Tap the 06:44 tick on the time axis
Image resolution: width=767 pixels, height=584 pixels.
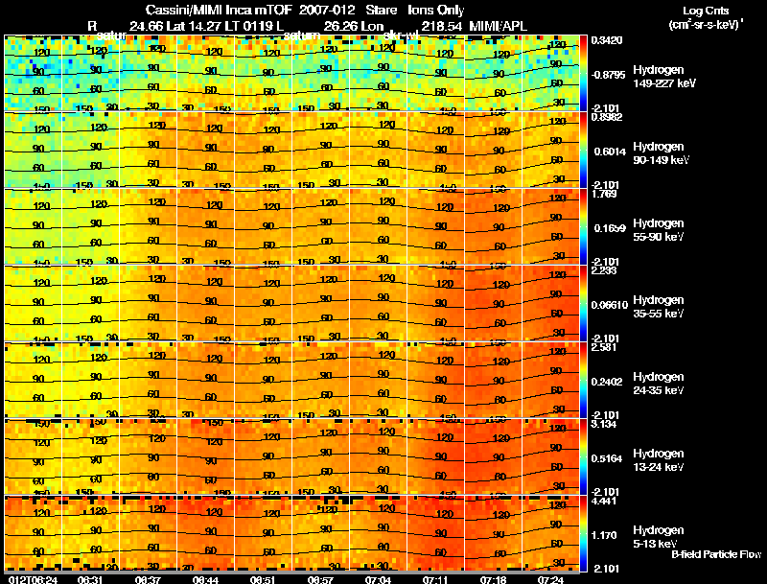pos(207,578)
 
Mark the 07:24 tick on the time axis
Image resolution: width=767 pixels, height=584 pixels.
pos(550,578)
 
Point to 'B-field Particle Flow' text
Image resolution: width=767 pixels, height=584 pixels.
pos(716,554)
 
